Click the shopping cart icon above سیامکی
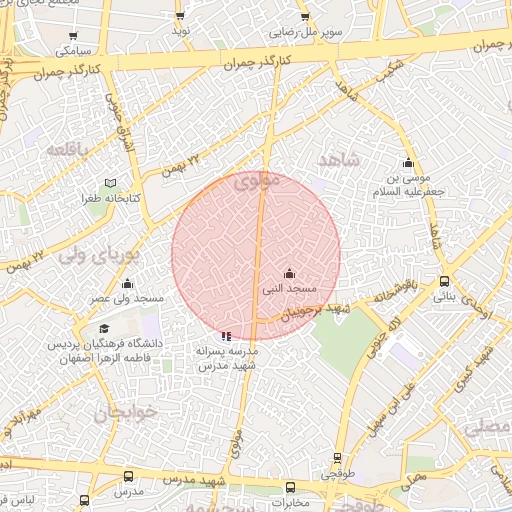(74, 35)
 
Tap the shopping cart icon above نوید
(180, 16)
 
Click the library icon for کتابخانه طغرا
(111, 184)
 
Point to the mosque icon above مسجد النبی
(289, 273)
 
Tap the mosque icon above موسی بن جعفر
(407, 163)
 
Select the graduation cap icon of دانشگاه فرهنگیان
(104, 329)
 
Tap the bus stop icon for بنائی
(445, 282)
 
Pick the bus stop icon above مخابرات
(290, 487)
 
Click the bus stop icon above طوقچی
(338, 459)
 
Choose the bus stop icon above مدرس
(127, 477)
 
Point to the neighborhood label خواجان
(119, 412)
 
